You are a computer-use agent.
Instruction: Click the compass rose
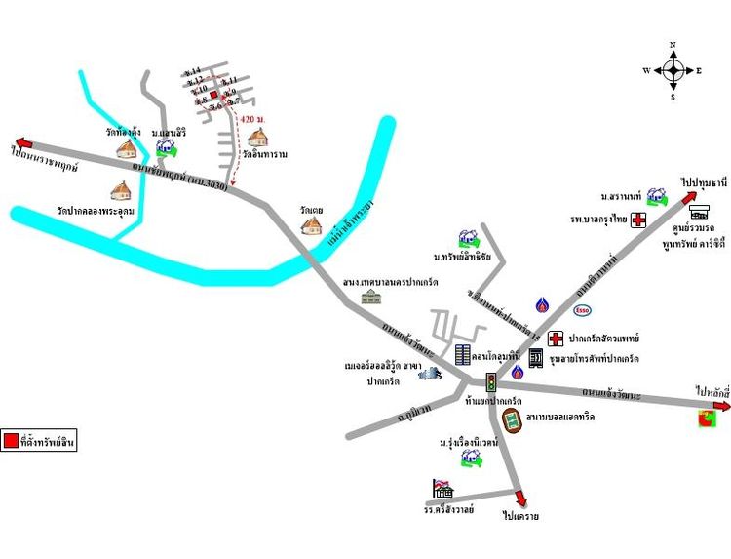pyautogui.click(x=673, y=70)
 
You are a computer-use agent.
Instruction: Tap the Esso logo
pyautogui.click(x=582, y=310)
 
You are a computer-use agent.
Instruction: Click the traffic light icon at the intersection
pyautogui.click(x=491, y=381)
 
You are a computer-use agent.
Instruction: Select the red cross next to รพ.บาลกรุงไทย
pyautogui.click(x=639, y=220)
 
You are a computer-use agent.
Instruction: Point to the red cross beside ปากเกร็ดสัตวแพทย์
pyautogui.click(x=555, y=339)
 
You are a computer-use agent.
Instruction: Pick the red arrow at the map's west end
pyautogui.click(x=20, y=142)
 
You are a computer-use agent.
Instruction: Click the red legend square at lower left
pyautogui.click(x=10, y=441)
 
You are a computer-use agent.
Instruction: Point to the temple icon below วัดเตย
pyautogui.click(x=311, y=225)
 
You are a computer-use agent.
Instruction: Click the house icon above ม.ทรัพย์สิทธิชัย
pyautogui.click(x=467, y=238)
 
